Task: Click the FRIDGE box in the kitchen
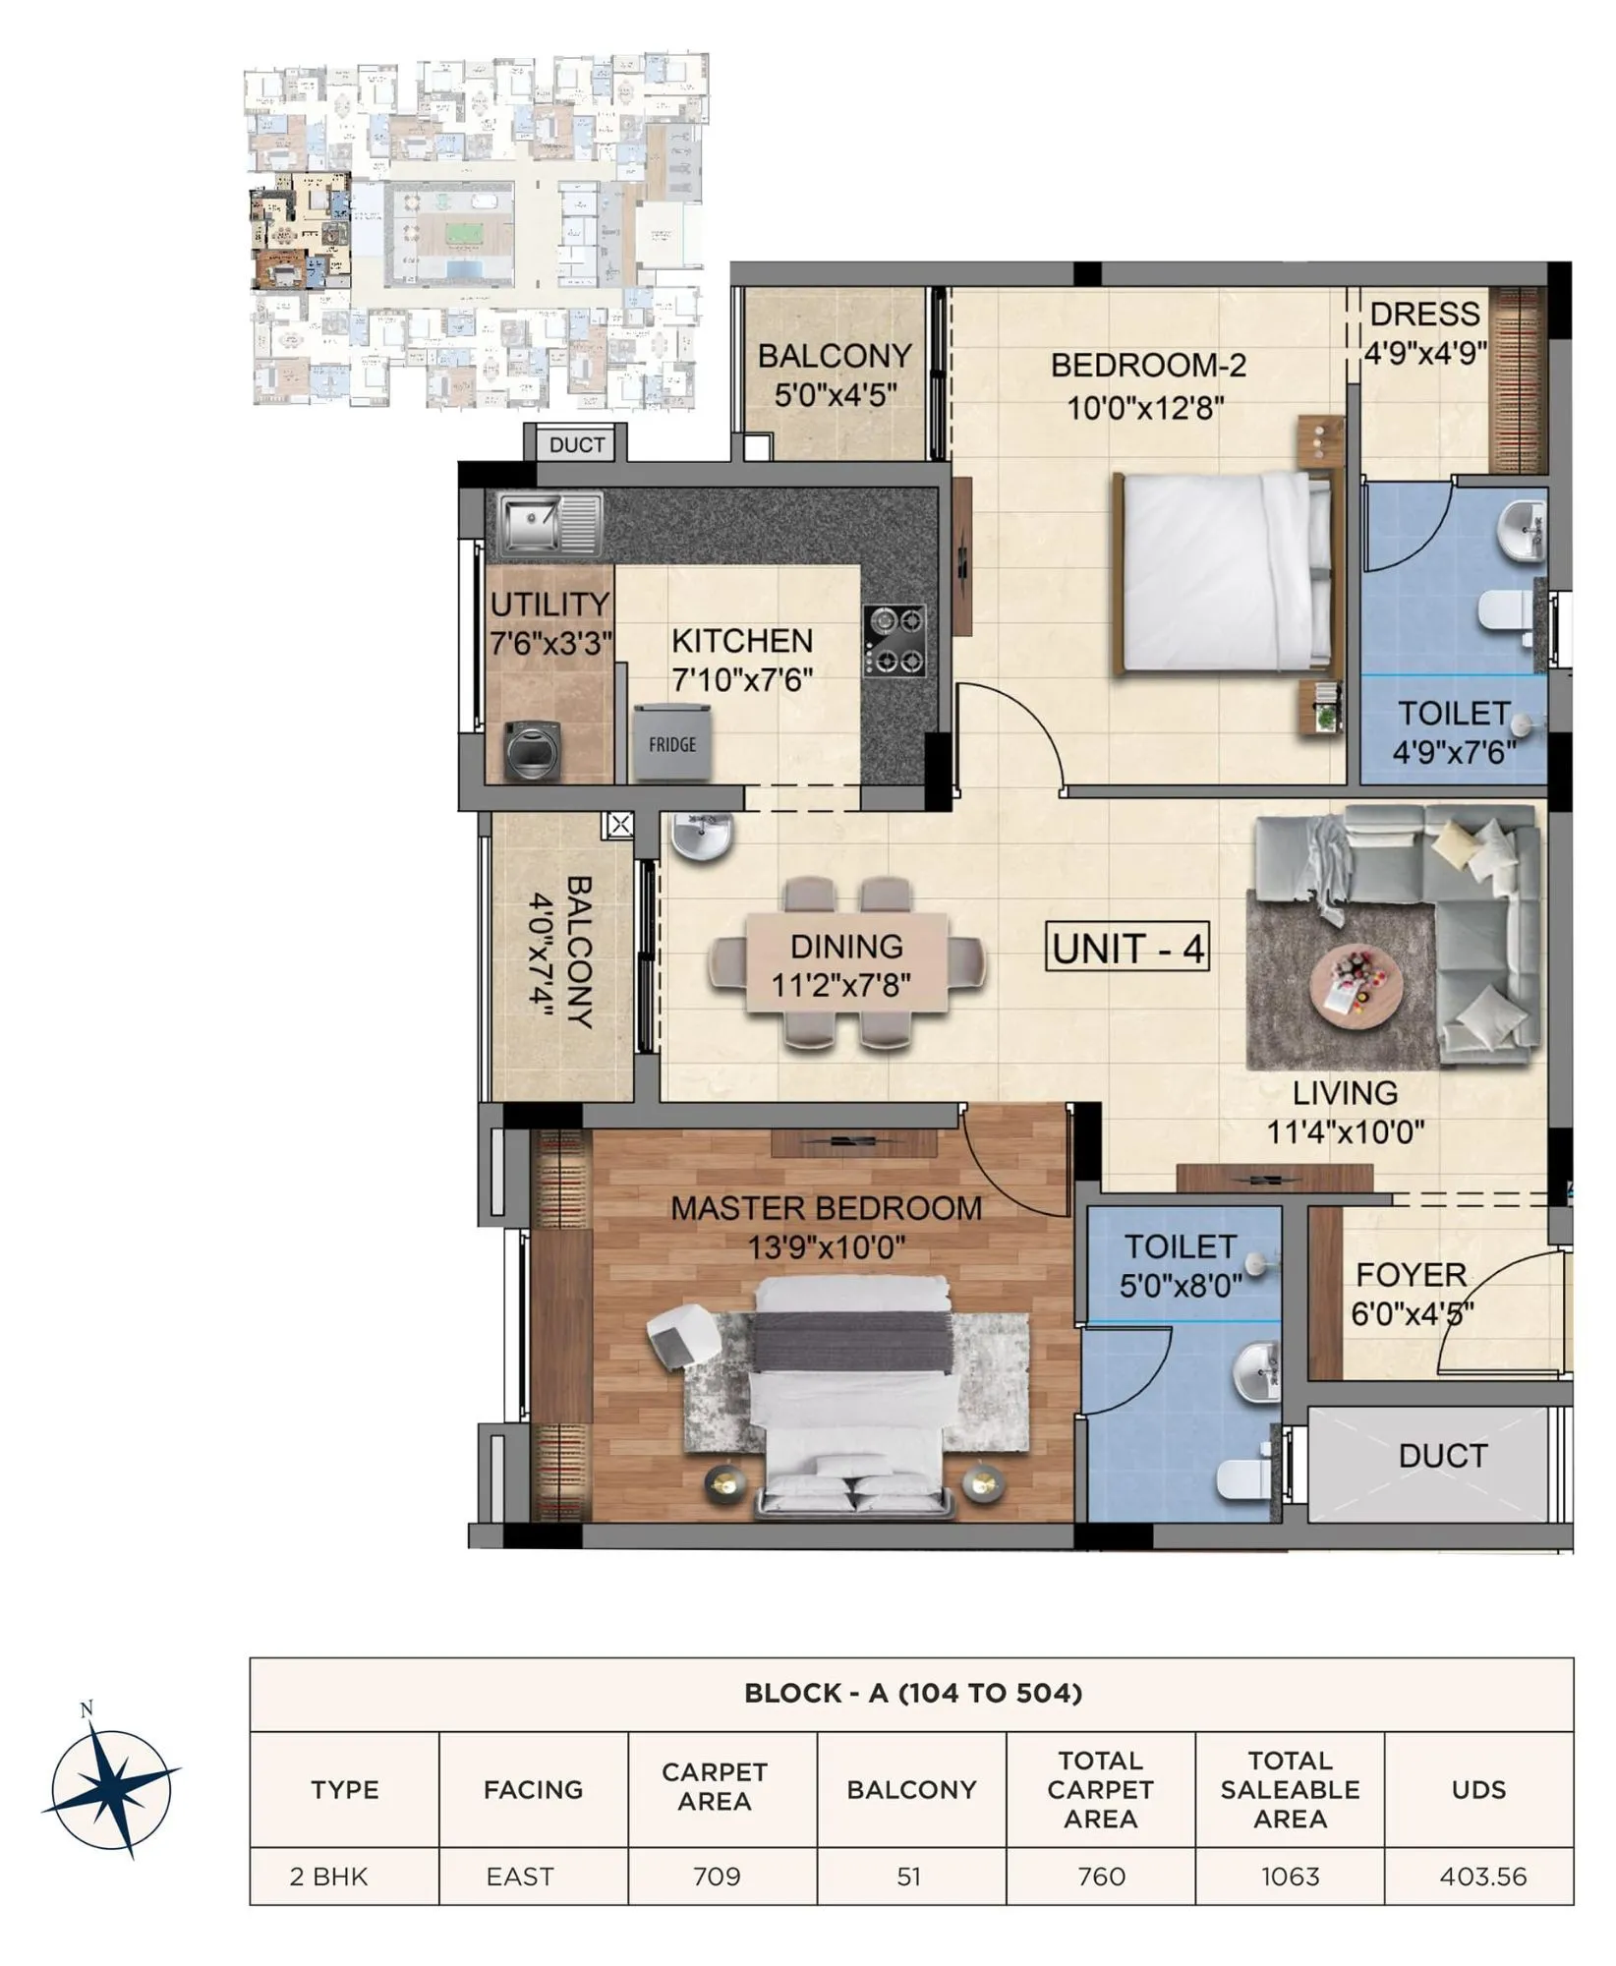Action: (x=671, y=743)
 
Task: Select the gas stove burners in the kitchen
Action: (x=895, y=641)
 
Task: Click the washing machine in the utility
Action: (x=534, y=751)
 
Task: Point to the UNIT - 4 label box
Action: (x=1127, y=949)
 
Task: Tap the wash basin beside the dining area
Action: (x=702, y=838)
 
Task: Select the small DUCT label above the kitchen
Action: (x=577, y=444)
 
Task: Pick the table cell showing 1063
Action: (x=1290, y=1877)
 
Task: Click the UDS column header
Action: (x=1478, y=1789)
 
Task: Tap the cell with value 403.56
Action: (x=1482, y=1877)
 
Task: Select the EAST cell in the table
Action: (x=520, y=1877)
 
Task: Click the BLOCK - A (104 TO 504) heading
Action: (x=912, y=1692)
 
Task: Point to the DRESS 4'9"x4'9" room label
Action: (x=1424, y=332)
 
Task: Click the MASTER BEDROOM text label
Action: (x=826, y=1208)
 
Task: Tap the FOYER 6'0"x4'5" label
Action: (x=1412, y=1294)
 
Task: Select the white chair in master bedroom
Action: (x=682, y=1335)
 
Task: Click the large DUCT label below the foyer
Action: (x=1442, y=1456)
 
